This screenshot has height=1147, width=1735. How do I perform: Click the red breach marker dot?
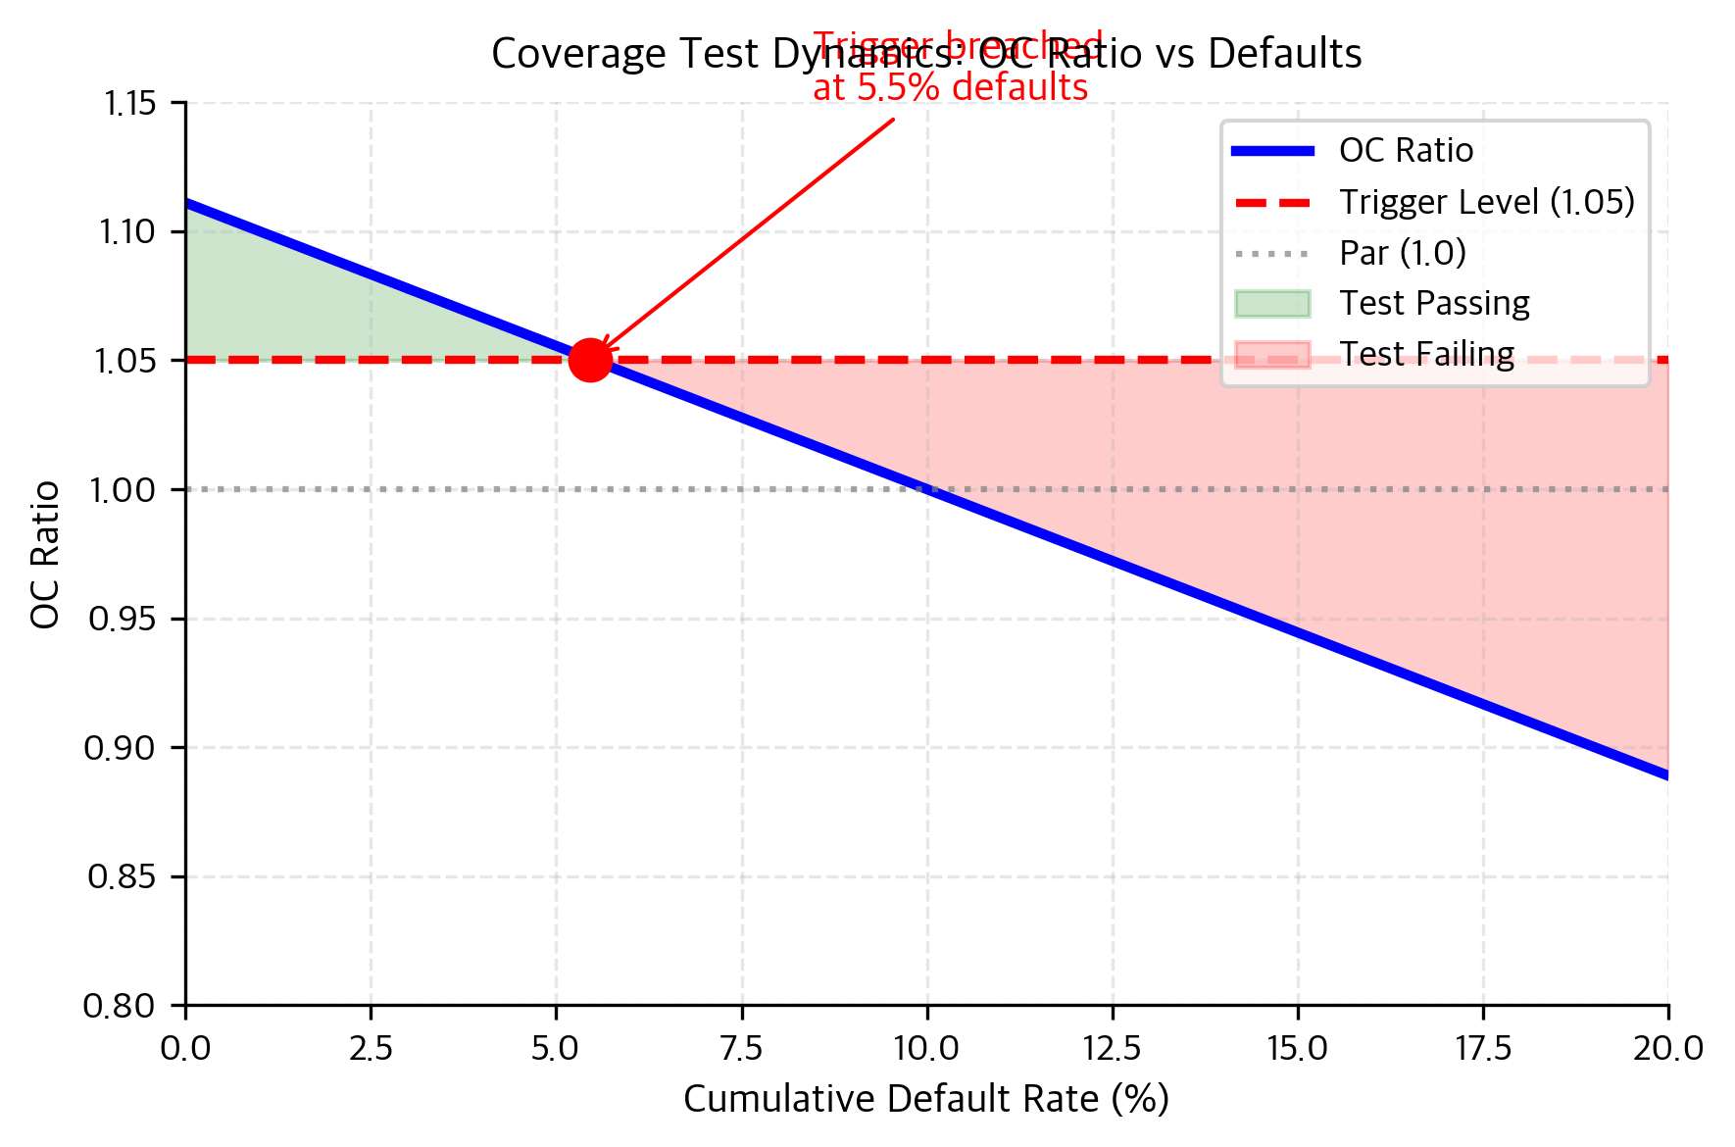pyautogui.click(x=590, y=360)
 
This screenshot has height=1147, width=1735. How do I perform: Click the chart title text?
pyautogui.click(x=925, y=54)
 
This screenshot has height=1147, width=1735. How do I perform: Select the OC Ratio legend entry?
pyautogui.click(x=1406, y=151)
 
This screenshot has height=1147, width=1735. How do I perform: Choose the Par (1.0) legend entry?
pyautogui.click(x=1402, y=253)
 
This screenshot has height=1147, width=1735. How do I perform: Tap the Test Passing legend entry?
pyautogui.click(x=1433, y=304)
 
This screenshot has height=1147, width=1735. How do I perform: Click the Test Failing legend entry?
pyautogui.click(x=1425, y=354)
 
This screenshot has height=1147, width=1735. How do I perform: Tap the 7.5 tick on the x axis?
pyautogui.click(x=741, y=1049)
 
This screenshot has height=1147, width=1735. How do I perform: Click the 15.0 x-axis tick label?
pyautogui.click(x=1297, y=1049)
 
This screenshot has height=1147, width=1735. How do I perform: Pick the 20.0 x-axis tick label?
pyautogui.click(x=1667, y=1049)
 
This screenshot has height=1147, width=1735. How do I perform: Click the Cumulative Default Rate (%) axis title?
pyautogui.click(x=925, y=1100)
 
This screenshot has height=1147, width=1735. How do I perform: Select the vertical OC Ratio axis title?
pyautogui.click(x=45, y=554)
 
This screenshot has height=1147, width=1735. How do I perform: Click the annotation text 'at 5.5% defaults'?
pyautogui.click(x=950, y=88)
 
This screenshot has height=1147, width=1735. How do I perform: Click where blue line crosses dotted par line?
pyautogui.click(x=926, y=489)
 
